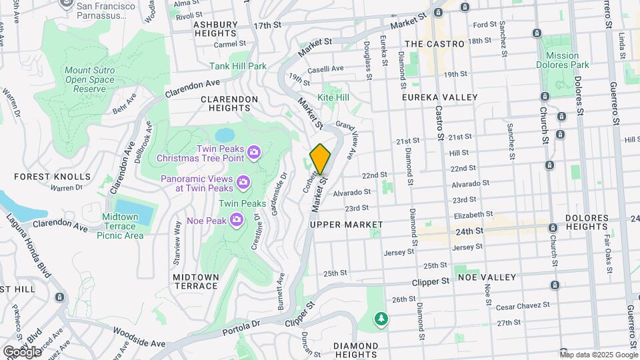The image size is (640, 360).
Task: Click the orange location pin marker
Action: pyautogui.click(x=321, y=159)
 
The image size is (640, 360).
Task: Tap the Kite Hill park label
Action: pyautogui.click(x=333, y=97)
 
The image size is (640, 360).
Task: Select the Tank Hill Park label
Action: pyautogui.click(x=238, y=66)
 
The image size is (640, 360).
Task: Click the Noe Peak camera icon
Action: pyautogui.click(x=237, y=219)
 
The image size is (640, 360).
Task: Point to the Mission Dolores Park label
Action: pyautogui.click(x=563, y=60)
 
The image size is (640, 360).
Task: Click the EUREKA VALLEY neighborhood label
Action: pyautogui.click(x=440, y=97)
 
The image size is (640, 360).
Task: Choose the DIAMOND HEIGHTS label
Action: pyautogui.click(x=356, y=345)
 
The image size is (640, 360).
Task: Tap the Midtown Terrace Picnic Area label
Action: pyautogui.click(x=120, y=226)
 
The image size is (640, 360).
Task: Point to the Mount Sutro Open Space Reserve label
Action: pyautogui.click(x=85, y=79)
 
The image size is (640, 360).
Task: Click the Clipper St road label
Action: pyautogui.click(x=431, y=281)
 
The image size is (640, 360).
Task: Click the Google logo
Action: pyautogui.click(x=22, y=351)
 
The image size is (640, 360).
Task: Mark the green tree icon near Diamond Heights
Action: pyautogui.click(x=381, y=319)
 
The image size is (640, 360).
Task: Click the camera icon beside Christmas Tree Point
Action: pyautogui.click(x=253, y=153)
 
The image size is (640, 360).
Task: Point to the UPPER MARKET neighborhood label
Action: pyautogui.click(x=347, y=225)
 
